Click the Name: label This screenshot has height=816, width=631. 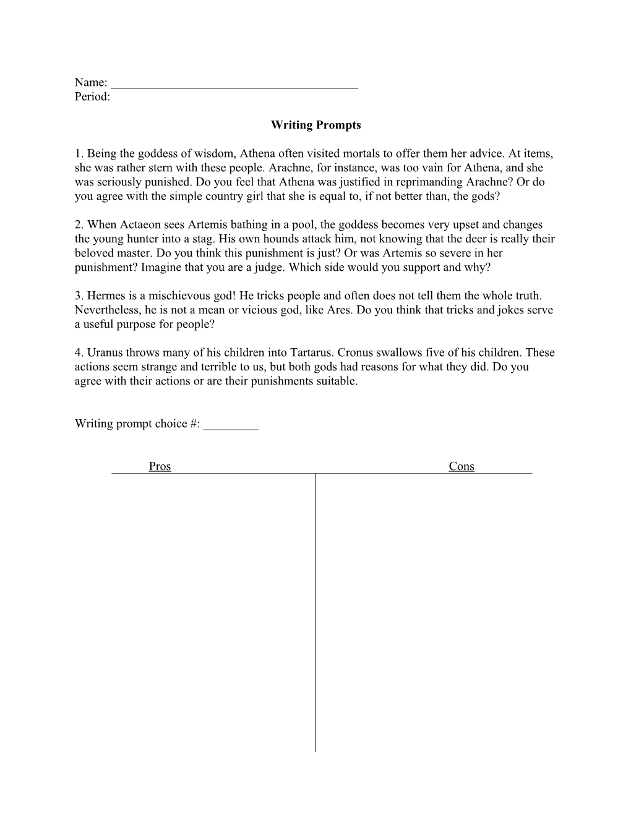pos(91,82)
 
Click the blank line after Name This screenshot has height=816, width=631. pos(235,85)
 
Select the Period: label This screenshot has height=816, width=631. pos(92,96)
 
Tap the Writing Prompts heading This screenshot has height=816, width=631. pos(315,125)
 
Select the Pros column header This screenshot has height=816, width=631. pos(160,466)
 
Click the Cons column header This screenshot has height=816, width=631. pos(461,466)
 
